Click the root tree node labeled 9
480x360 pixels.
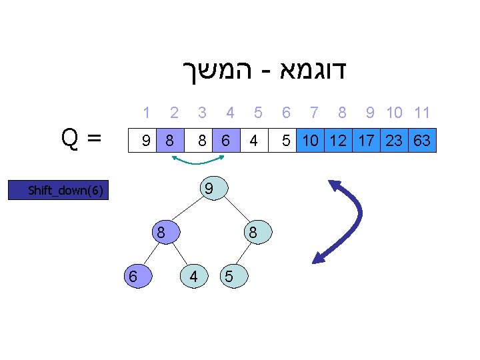pyautogui.click(x=209, y=189)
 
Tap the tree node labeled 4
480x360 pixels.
pyautogui.click(x=193, y=275)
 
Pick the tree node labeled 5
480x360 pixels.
pyautogui.click(x=229, y=277)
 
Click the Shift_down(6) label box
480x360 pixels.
pyautogui.click(x=65, y=191)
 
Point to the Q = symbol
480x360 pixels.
pyautogui.click(x=81, y=138)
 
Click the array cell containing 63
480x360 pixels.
pyautogui.click(x=421, y=141)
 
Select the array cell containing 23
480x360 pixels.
pyautogui.click(x=394, y=141)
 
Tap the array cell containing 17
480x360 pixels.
pyautogui.click(x=366, y=141)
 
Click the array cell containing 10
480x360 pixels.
pyautogui.click(x=309, y=141)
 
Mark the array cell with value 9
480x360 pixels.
pyautogui.click(x=144, y=141)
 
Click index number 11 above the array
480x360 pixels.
pyautogui.click(x=421, y=113)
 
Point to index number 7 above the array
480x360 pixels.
pyautogui.click(x=314, y=113)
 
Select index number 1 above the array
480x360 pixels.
pyautogui.click(x=146, y=113)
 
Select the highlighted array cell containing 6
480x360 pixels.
pyautogui.click(x=227, y=141)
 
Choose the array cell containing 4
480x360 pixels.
pyautogui.click(x=253, y=141)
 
